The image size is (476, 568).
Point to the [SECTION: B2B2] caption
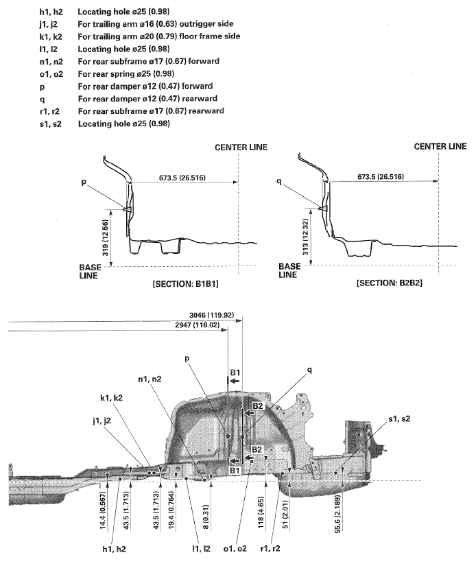point(387,282)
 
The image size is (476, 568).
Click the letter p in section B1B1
point(84,185)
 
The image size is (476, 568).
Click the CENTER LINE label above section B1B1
point(241,147)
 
